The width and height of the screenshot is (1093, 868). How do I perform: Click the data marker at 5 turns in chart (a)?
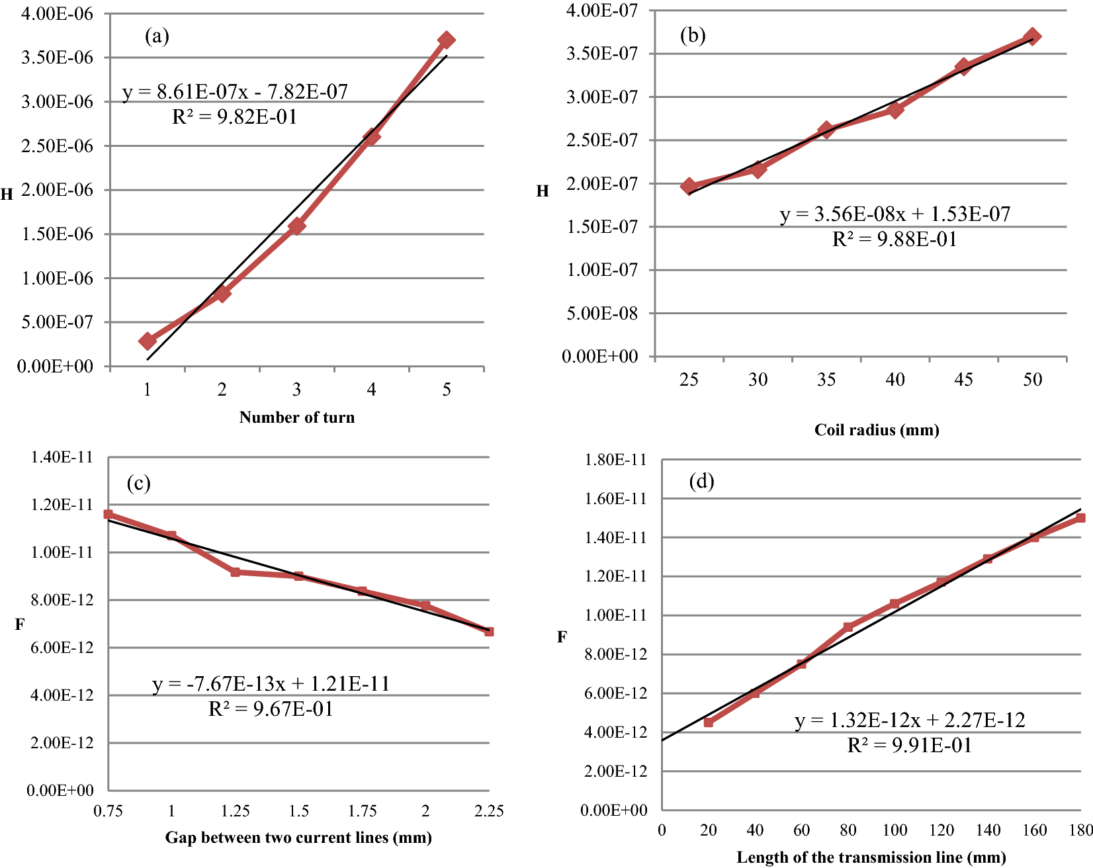[x=447, y=40]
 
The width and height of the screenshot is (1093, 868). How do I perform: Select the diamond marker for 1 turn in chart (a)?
[x=148, y=341]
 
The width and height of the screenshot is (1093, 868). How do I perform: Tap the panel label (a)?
[x=157, y=36]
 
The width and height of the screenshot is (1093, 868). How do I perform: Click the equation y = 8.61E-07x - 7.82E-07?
[x=235, y=91]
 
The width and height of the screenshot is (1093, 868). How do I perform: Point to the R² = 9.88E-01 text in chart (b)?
[x=895, y=239]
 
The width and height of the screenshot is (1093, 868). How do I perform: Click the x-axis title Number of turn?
[x=296, y=417]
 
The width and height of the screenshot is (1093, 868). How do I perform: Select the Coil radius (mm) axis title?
[x=877, y=430]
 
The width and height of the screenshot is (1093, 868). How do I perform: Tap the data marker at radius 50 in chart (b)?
[x=1032, y=36]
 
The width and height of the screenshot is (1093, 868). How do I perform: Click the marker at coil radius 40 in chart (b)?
[x=895, y=110]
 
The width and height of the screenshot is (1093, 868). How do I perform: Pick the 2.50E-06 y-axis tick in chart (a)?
[x=58, y=146]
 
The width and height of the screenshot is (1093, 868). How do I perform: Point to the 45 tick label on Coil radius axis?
[x=963, y=380]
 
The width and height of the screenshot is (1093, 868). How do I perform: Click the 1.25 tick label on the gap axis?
[x=235, y=811]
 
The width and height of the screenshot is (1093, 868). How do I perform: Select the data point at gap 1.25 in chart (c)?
[x=235, y=572]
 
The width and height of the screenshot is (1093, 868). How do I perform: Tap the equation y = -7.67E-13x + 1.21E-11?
[x=271, y=683]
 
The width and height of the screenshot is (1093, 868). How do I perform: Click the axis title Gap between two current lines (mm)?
[x=298, y=838]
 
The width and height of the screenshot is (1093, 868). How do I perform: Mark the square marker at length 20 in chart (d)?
[x=709, y=722]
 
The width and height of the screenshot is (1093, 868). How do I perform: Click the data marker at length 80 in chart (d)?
[x=848, y=627]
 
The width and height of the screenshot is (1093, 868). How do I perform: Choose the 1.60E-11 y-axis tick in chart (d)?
[x=615, y=499]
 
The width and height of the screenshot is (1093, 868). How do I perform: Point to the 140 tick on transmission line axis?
[x=988, y=830]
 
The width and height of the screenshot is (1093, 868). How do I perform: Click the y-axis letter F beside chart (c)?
[x=20, y=624]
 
